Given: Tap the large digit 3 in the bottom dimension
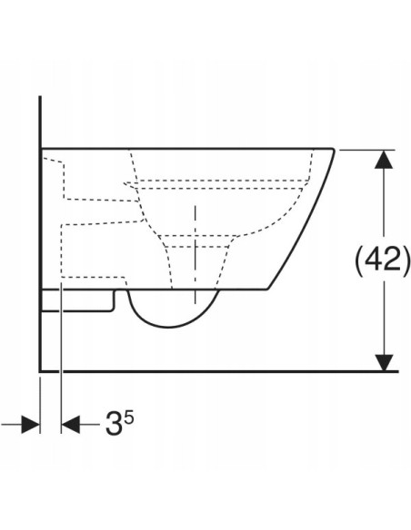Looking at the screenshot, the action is (x=114, y=424).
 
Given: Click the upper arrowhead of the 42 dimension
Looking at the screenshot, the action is (x=384, y=159).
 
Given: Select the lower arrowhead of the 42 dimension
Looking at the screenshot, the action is (x=384, y=362).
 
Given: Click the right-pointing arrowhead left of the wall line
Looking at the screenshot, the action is (x=31, y=425).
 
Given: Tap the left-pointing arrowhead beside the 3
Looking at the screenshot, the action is (x=71, y=425).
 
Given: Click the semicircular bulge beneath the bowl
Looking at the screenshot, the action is (x=170, y=327).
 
